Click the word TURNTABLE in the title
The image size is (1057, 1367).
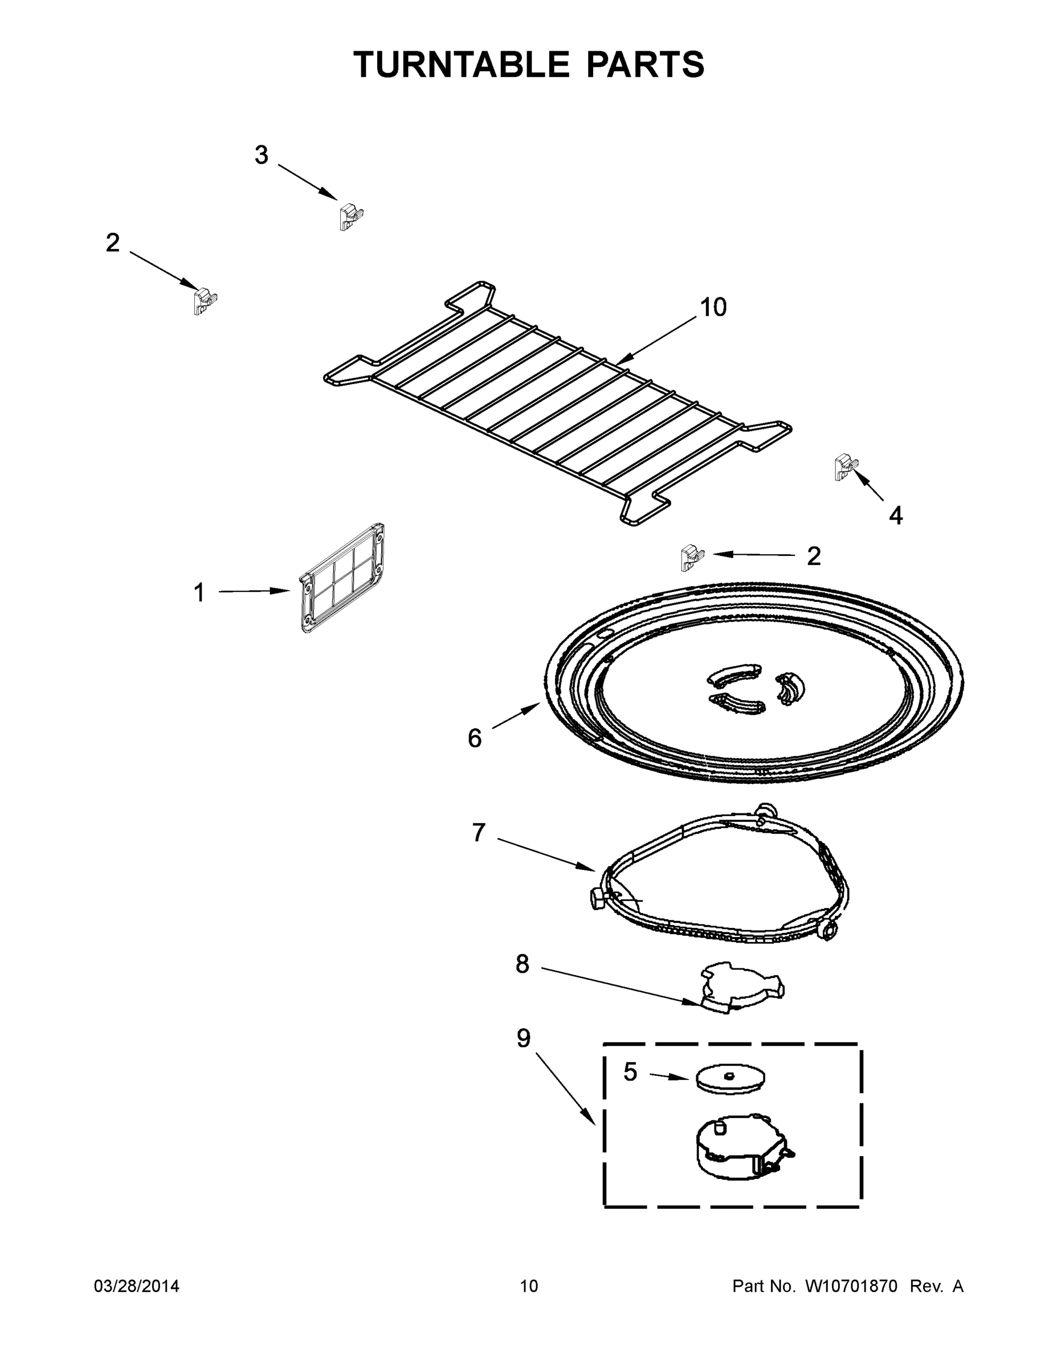pos(462,64)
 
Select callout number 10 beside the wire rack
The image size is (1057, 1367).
pos(713,308)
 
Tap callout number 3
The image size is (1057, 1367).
pos(261,154)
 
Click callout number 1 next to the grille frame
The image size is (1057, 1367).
pos(199,593)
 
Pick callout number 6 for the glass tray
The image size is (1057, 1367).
pos(475,739)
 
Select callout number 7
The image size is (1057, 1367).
pos(479,833)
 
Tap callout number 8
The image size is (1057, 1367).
pos(523,964)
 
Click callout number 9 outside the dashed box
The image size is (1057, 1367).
pos(524,1038)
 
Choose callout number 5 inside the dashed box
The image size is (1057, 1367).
pos(630,1072)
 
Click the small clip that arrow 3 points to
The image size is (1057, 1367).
pos(350,216)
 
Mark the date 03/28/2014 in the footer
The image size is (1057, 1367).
pos(137,1286)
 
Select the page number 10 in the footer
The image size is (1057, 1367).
pos(529,1286)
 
